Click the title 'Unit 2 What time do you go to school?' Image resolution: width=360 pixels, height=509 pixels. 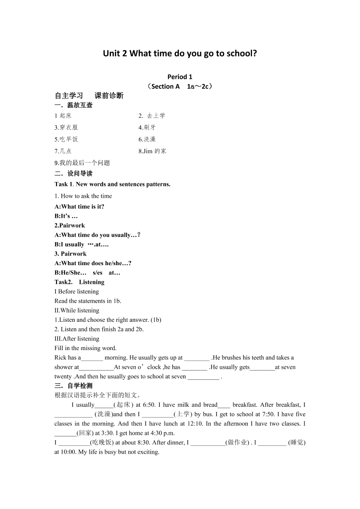(180, 54)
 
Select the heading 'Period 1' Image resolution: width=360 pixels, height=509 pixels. (180, 77)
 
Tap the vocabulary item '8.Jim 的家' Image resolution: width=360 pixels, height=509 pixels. (152, 151)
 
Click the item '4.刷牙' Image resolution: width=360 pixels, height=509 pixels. (147, 128)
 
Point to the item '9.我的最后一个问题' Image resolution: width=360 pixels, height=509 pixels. (82, 163)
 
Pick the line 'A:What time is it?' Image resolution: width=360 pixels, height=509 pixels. (79, 206)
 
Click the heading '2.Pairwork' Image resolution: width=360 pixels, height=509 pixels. (70, 226)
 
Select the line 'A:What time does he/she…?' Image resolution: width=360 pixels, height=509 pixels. (93, 263)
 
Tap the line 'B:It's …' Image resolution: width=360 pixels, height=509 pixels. (66, 216)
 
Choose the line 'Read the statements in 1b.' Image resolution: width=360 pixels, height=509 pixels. (87, 301)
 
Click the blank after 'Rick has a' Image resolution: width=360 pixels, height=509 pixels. (92, 358)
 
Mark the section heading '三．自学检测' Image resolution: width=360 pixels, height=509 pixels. (74, 386)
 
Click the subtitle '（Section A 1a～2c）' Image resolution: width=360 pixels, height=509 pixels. (180, 86)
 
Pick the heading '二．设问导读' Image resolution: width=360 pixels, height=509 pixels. (74, 173)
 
